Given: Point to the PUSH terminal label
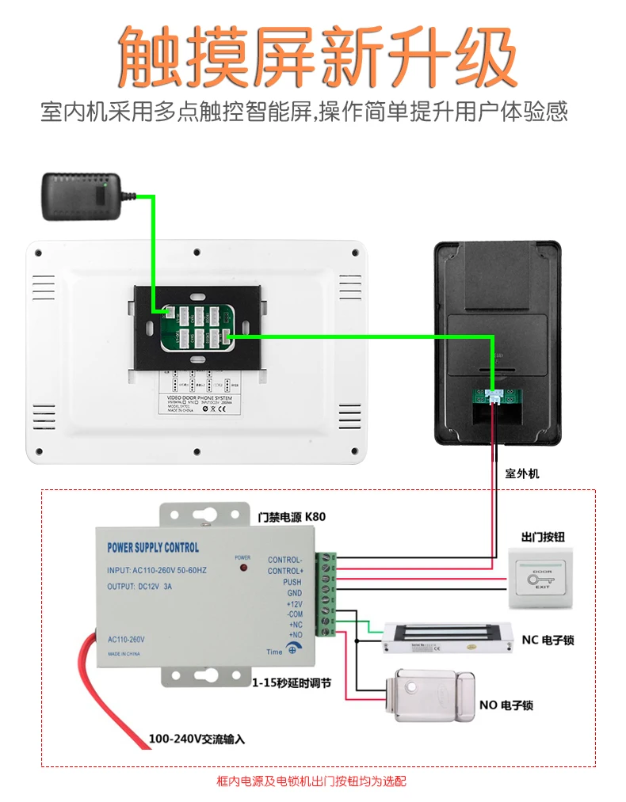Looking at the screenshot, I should point(292,582).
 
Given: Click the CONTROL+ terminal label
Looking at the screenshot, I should point(284,571).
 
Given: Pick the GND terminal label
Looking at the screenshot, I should point(293,592).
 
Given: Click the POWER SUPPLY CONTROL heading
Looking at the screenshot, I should point(153,547).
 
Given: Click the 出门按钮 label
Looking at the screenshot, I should point(543,537).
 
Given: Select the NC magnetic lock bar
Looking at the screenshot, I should point(445,637).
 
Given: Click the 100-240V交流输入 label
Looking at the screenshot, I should point(197,739).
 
